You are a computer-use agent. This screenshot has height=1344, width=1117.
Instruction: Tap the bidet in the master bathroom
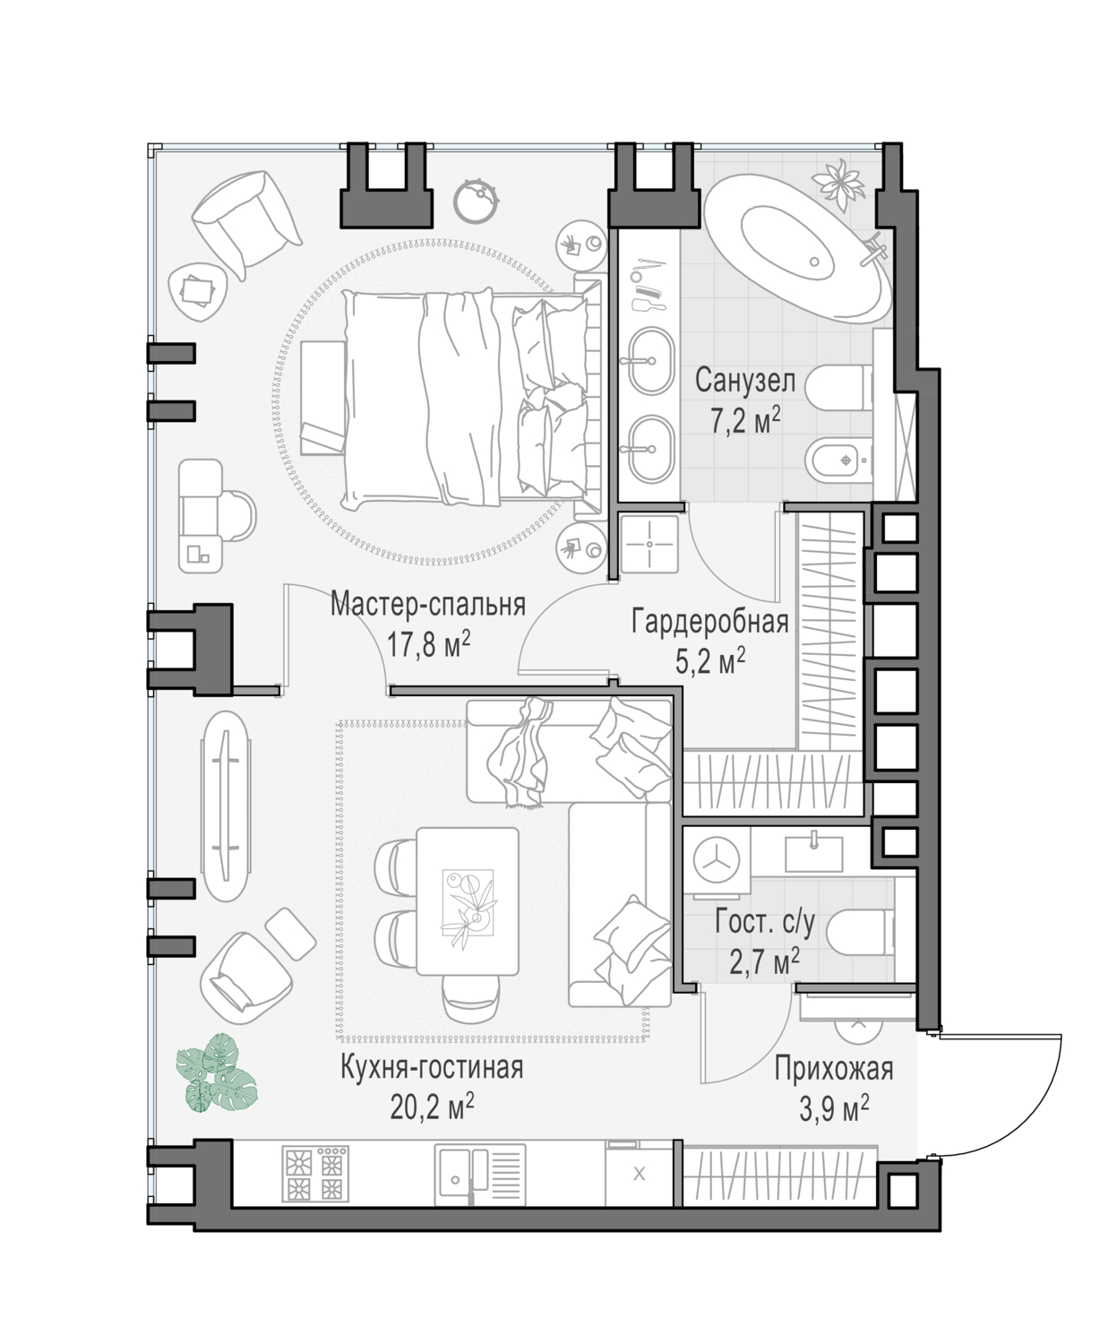point(839,460)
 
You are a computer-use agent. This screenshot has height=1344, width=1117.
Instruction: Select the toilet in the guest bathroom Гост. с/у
point(860,934)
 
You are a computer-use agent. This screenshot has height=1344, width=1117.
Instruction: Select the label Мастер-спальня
point(428,605)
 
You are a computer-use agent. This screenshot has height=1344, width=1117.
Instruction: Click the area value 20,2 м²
point(433,1107)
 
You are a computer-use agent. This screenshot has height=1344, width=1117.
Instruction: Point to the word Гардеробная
point(709,623)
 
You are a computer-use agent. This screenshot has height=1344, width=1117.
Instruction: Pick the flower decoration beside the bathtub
point(841,182)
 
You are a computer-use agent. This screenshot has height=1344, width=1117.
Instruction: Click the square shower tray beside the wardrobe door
point(649,544)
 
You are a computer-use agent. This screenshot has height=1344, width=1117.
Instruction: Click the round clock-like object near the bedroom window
point(477,202)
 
